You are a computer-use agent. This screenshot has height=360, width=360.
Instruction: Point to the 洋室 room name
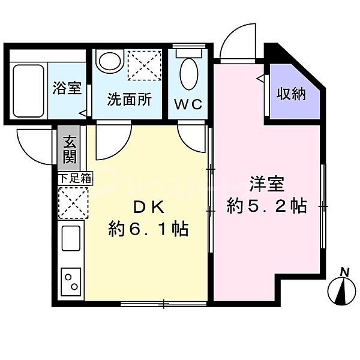267,181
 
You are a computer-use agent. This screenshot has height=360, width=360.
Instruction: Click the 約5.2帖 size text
267,206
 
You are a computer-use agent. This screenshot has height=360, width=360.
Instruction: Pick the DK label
148,206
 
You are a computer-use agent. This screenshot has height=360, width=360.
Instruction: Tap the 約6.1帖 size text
148,229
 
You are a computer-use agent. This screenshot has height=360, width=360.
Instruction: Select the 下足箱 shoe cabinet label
74,178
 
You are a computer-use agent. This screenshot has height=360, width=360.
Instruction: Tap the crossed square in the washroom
144,65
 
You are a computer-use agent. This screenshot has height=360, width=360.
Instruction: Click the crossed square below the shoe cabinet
73,202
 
